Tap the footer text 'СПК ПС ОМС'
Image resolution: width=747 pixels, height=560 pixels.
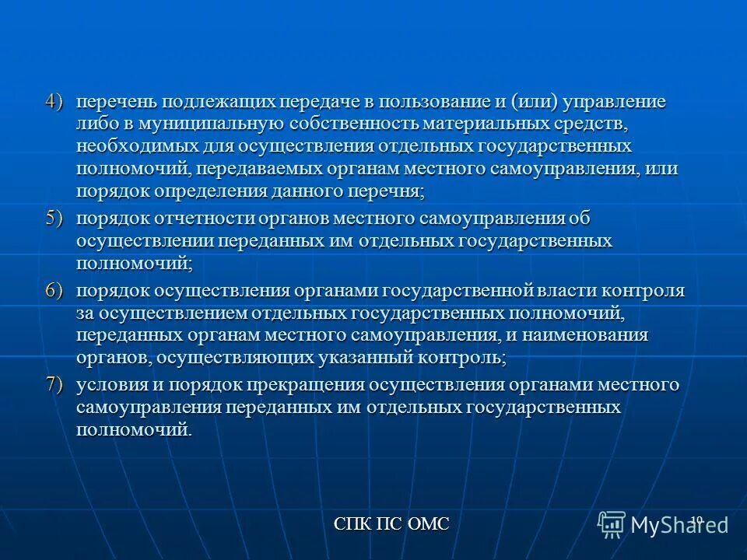(x=391, y=523)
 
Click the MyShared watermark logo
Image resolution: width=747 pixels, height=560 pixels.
(x=663, y=524)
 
